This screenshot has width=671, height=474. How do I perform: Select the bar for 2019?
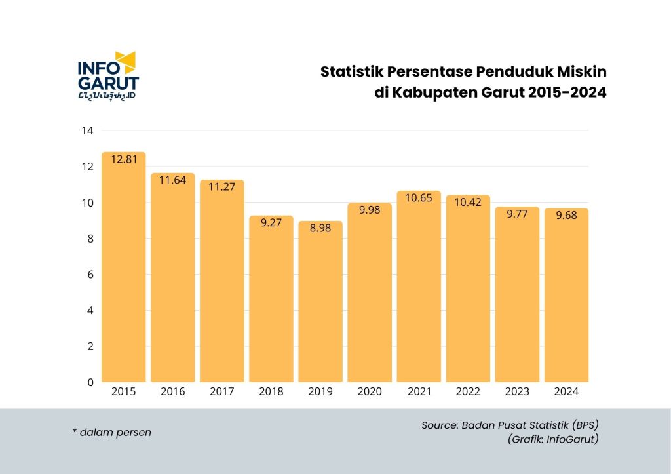(320, 302)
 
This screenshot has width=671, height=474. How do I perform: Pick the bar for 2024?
(566, 295)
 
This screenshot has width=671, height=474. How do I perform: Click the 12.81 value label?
(124, 159)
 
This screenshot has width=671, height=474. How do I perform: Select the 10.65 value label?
(419, 197)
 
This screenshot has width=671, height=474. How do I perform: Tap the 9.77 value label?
(517, 213)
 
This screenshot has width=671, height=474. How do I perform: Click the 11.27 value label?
(222, 186)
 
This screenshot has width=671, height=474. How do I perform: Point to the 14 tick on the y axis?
(87, 130)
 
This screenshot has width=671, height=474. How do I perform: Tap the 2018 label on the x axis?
(271, 392)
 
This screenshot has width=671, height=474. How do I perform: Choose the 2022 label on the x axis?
(468, 392)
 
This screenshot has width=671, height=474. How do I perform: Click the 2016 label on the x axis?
(173, 392)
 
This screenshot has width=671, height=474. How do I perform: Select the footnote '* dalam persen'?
(111, 432)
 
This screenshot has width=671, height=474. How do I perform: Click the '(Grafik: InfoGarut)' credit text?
(553, 439)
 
